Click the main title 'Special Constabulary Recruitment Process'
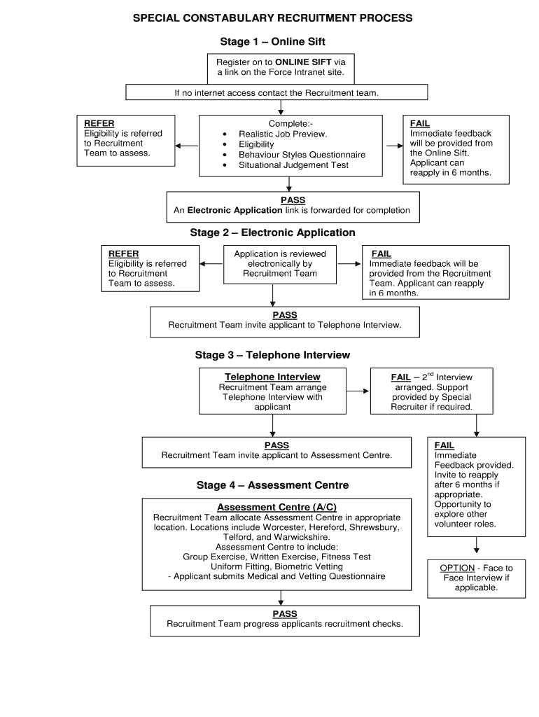(x=273, y=18)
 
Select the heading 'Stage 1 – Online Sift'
(x=272, y=42)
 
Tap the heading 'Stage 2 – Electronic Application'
(x=272, y=232)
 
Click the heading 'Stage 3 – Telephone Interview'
(x=272, y=355)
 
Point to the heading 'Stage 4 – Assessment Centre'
(x=272, y=485)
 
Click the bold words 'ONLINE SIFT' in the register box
(x=303, y=62)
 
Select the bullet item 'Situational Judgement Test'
(x=293, y=165)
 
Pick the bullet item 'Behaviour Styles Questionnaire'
(x=302, y=155)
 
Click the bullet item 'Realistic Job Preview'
(x=283, y=134)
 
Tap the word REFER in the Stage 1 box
(x=99, y=124)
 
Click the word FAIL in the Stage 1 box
(x=420, y=124)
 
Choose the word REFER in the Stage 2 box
(x=123, y=254)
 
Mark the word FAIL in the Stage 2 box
(x=381, y=254)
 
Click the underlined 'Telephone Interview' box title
(x=272, y=377)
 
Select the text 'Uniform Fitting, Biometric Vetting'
(x=277, y=566)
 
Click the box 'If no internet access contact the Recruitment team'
(x=276, y=92)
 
